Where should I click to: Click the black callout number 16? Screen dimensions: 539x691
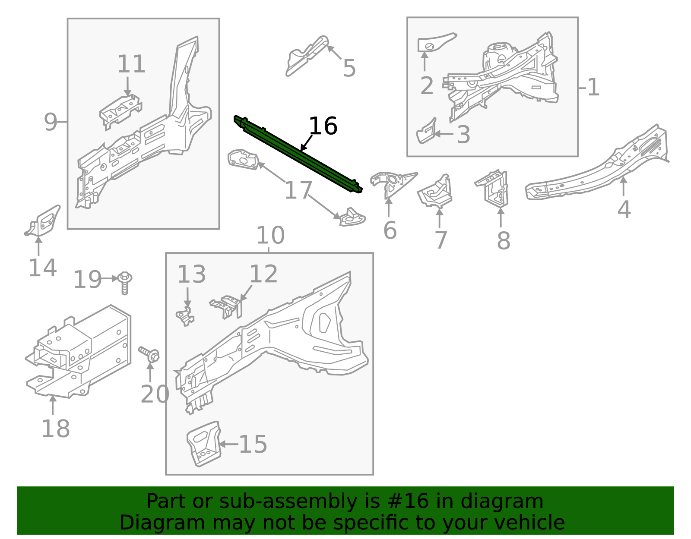pos(323,126)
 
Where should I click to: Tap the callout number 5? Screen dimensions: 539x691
pos(349,69)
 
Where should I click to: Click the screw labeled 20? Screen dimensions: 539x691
pos(150,355)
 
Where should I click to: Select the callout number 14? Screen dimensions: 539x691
pos(42,268)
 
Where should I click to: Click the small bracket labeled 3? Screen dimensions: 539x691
pos(426,131)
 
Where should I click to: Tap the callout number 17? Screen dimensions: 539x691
pos(298,190)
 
